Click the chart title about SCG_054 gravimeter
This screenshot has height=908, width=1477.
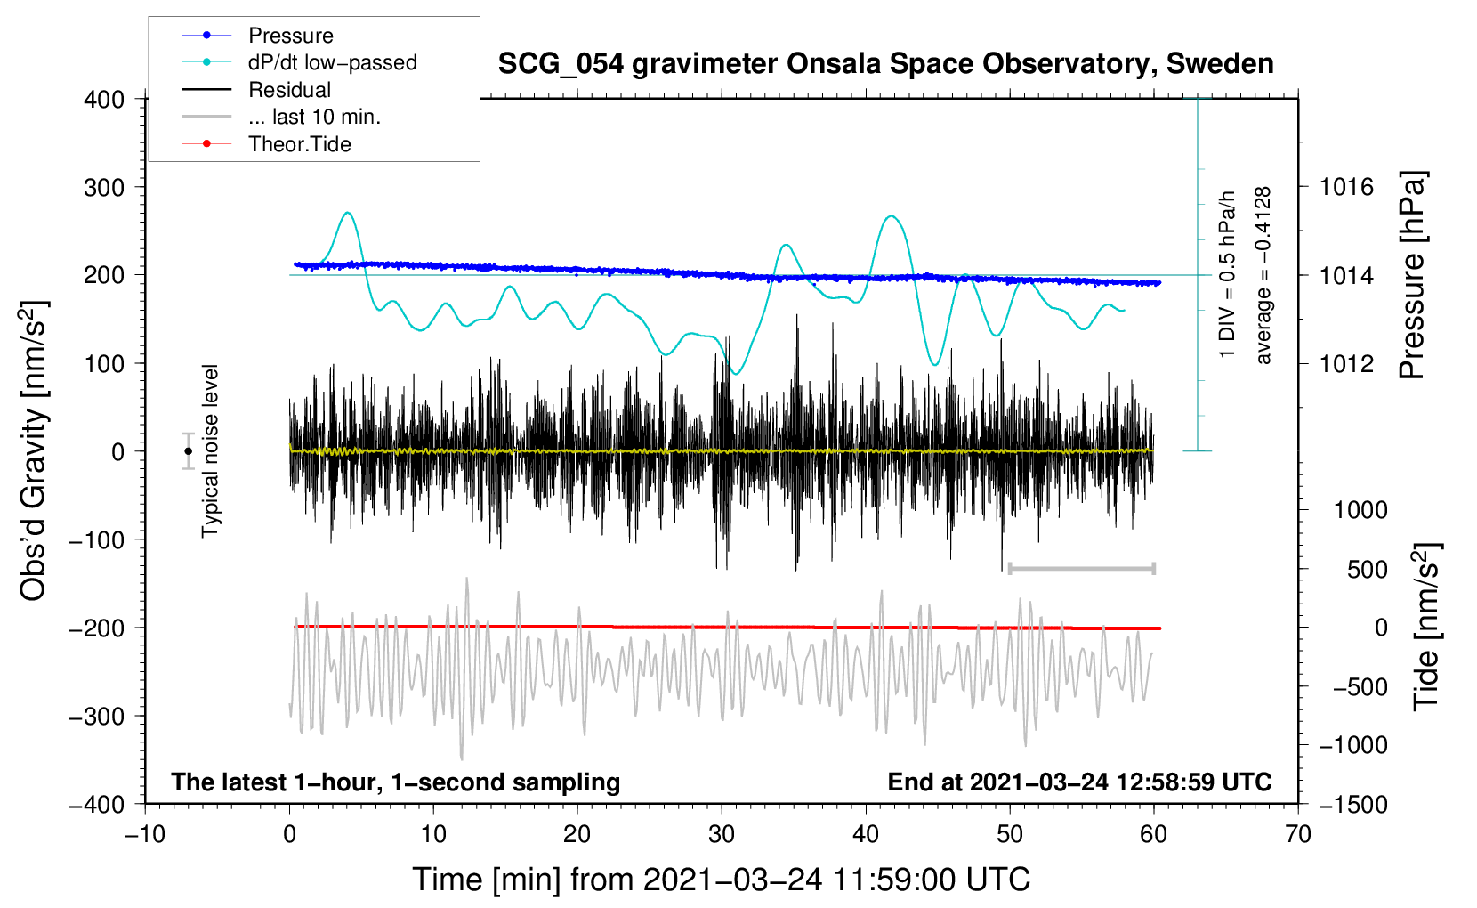(885, 64)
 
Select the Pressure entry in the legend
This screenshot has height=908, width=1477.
(290, 36)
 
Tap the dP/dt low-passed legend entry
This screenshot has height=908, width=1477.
(332, 62)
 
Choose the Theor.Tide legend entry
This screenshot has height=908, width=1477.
(299, 144)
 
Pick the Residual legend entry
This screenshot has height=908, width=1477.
(289, 90)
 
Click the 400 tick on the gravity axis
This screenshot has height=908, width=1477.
(104, 100)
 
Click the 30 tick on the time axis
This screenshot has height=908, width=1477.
(722, 835)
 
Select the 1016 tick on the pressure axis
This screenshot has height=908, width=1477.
(1346, 187)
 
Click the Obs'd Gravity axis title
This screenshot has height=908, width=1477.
(34, 450)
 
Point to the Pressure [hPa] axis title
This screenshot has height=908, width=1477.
(1412, 276)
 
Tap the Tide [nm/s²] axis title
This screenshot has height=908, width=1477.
(1426, 628)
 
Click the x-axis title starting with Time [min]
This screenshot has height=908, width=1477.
(721, 880)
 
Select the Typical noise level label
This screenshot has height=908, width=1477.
(210, 450)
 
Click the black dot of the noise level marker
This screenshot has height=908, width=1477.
(188, 451)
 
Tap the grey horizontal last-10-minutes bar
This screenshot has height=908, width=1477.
(1081, 569)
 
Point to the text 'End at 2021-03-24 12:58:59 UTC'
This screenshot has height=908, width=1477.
(1079, 782)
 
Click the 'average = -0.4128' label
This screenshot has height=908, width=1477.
(1263, 276)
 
